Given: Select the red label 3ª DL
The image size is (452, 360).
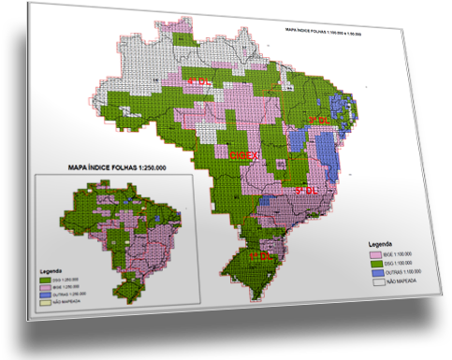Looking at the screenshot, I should pos(319,121).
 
